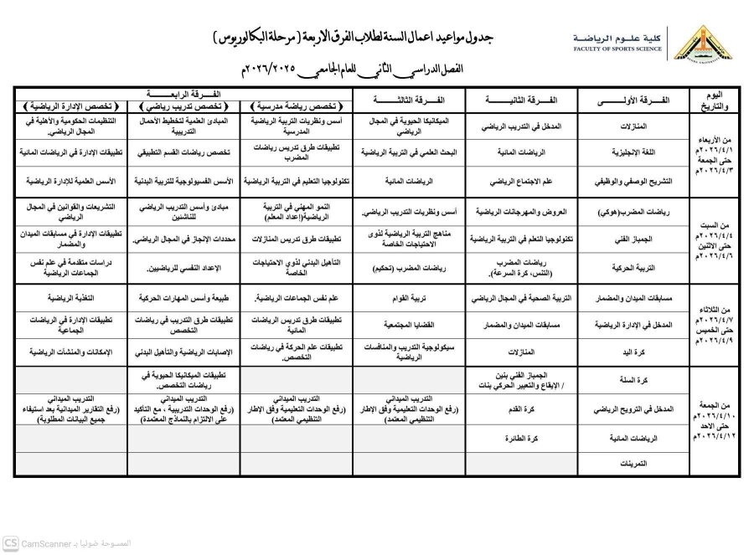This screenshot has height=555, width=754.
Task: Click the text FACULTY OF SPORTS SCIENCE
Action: [x=617, y=49]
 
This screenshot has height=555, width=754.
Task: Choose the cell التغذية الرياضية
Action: [x=70, y=297]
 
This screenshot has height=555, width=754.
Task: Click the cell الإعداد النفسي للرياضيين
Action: [x=183, y=269]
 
